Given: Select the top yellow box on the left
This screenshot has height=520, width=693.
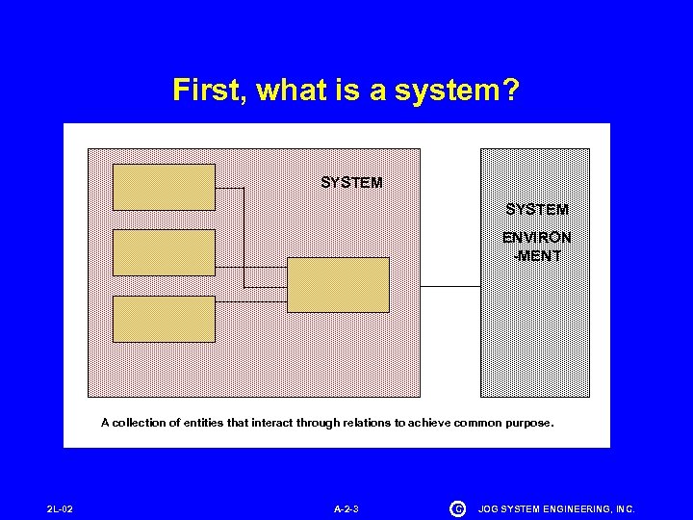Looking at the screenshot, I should pos(164,187).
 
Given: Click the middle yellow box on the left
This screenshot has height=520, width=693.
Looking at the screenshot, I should pos(164,252).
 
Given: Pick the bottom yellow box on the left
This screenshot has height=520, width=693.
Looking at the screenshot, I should pos(164,319).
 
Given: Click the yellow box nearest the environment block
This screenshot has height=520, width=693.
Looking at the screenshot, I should pos(339,285).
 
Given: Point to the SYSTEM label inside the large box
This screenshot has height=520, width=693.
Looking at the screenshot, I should pos(351,182).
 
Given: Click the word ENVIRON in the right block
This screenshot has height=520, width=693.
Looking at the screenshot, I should pos(537,237).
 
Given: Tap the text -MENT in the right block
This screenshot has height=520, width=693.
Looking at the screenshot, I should pos(537,255).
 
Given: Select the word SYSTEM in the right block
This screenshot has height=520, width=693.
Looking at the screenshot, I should pos(537,209).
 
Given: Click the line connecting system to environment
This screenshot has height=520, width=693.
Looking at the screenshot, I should pos(450,286).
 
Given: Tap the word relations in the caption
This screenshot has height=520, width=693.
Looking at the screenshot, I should pos(366,423).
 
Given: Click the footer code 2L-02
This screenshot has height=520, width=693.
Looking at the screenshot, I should pos(60,508).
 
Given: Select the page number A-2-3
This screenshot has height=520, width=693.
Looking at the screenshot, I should pos(346,508).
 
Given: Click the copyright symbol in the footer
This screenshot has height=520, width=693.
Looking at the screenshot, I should pos(457,507).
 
